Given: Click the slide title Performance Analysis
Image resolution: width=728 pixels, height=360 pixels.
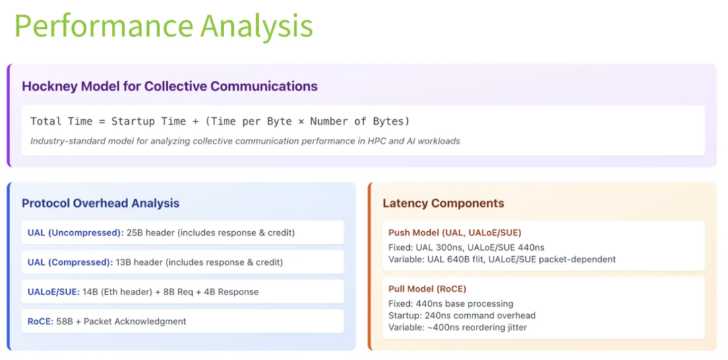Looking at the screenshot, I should pyautogui.click(x=164, y=27).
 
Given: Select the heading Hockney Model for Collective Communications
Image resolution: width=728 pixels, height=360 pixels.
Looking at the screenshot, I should pyautogui.click(x=169, y=86).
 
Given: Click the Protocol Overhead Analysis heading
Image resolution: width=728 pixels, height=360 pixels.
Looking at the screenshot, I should pyautogui.click(x=100, y=203).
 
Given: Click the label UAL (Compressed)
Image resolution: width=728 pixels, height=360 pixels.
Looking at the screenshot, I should pyautogui.click(x=70, y=262).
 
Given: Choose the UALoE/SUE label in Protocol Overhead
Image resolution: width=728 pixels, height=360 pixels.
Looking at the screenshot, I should pyautogui.click(x=53, y=292).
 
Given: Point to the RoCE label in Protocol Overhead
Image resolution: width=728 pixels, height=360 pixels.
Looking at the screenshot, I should pyautogui.click(x=40, y=322).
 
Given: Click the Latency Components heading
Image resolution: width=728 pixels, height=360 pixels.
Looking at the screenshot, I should pyautogui.click(x=443, y=203).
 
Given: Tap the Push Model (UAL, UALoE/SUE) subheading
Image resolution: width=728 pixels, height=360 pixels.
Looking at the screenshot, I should pyautogui.click(x=454, y=233).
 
